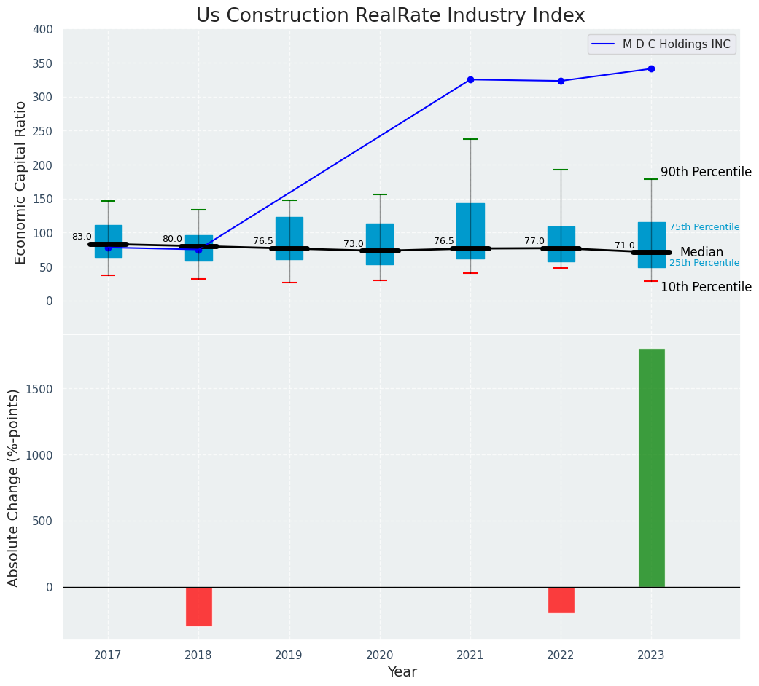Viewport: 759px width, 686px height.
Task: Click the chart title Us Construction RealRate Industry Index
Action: [x=390, y=16]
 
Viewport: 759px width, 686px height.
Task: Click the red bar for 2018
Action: [x=199, y=606]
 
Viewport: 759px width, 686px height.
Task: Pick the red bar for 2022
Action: [x=561, y=599]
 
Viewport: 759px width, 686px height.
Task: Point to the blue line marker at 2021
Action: [x=470, y=79]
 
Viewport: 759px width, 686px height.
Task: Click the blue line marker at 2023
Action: [x=651, y=69]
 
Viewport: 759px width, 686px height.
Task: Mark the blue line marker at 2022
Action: [x=561, y=81]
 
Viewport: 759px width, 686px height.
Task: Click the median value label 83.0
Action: [x=82, y=237]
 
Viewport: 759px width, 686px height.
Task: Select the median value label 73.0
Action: [x=354, y=244]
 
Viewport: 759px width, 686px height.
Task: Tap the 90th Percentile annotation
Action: [x=706, y=173]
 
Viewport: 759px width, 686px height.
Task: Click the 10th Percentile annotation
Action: [x=706, y=288]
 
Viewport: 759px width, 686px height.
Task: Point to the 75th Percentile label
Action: [x=704, y=227]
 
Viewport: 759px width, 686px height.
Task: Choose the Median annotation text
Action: [x=701, y=253]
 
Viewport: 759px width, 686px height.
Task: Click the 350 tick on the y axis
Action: [x=43, y=63]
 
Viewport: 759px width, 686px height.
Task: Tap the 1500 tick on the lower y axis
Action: [x=39, y=389]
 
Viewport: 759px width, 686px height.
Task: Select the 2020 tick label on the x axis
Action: [x=380, y=655]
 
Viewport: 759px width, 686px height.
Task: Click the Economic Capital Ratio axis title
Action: [x=20, y=182]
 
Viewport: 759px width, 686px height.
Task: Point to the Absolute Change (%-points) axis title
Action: [x=13, y=487]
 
